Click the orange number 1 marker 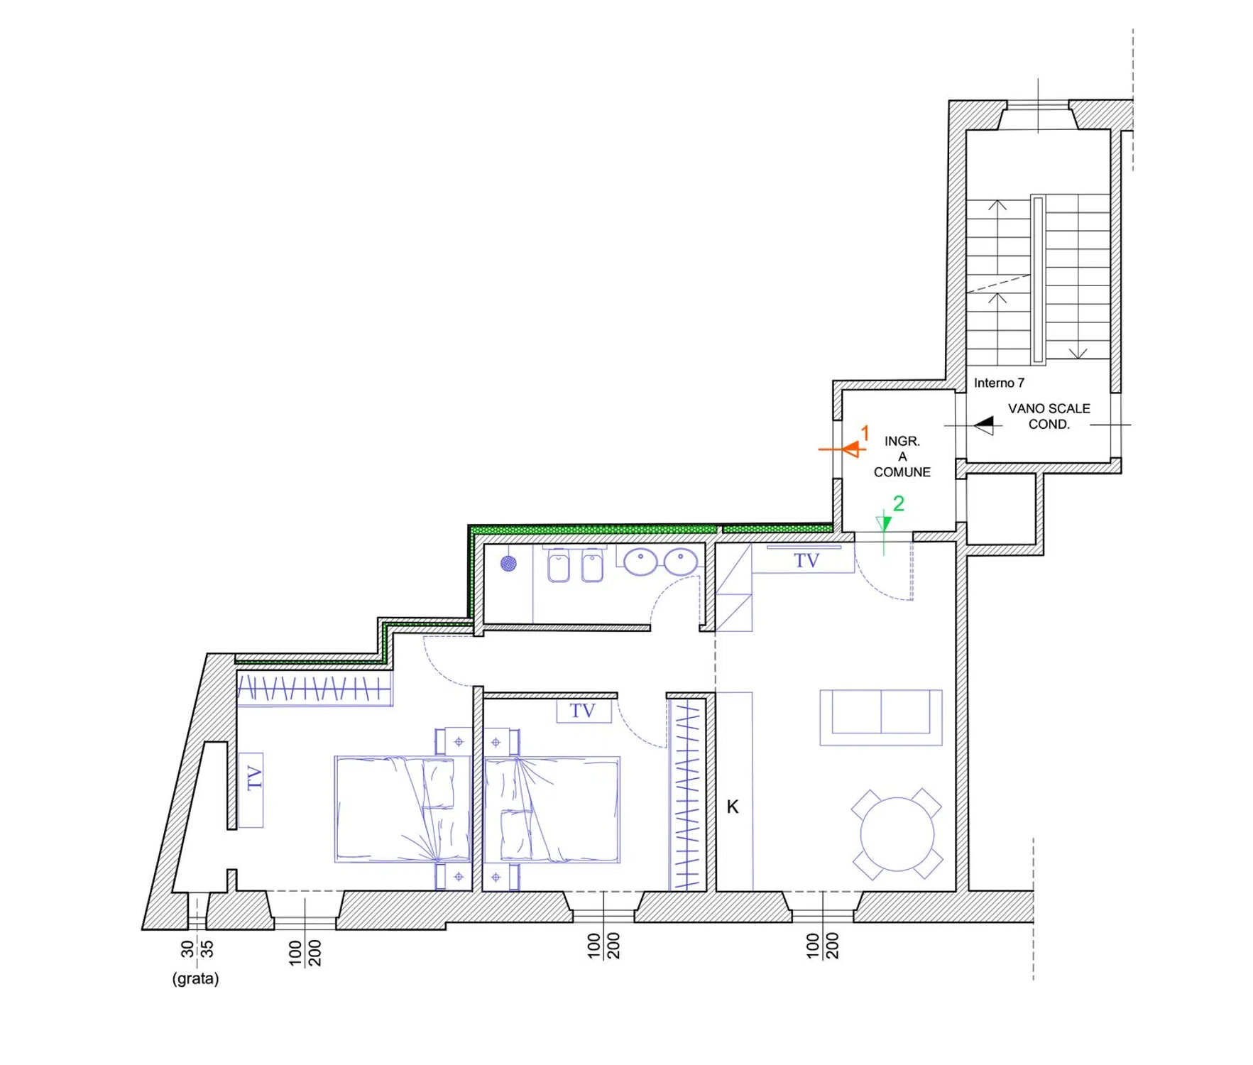(865, 432)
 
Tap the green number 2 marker (898, 503)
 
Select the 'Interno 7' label (999, 383)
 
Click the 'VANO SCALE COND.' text (1049, 416)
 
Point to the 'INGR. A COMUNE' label (902, 457)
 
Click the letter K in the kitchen (733, 807)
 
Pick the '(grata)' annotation (195, 978)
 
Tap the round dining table (897, 834)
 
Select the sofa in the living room (881, 717)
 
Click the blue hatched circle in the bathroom (508, 564)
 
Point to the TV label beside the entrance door (806, 561)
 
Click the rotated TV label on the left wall (253, 777)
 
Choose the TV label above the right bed (582, 711)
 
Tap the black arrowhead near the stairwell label (985, 425)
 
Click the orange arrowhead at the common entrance (850, 449)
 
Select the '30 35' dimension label (197, 949)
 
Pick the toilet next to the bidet (559, 566)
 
